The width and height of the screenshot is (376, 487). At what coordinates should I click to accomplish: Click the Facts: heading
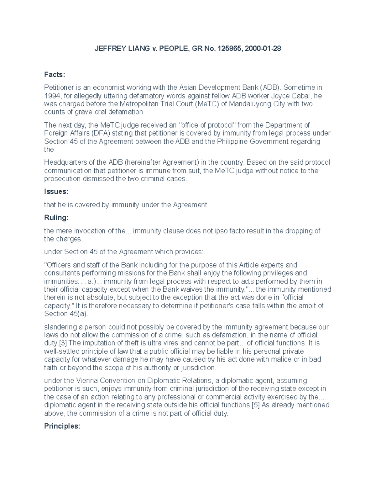pyautogui.click(x=55, y=75)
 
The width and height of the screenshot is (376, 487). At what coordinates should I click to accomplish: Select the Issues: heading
pyautogui.click(x=56, y=192)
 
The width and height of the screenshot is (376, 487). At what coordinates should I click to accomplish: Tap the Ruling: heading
pyautogui.click(x=56, y=218)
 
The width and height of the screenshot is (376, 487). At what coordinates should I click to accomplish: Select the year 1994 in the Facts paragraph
pyautogui.click(x=52, y=96)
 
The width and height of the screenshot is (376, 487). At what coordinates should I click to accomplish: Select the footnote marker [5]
pyautogui.click(x=256, y=405)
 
